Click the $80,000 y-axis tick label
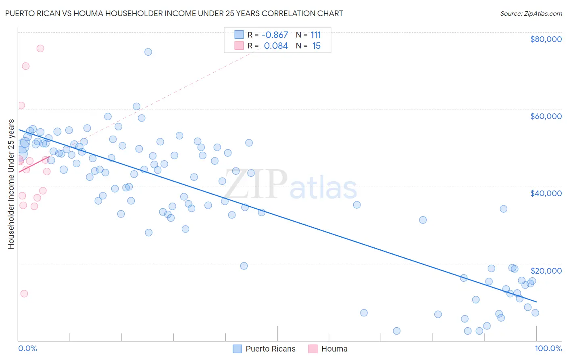tap(546, 39)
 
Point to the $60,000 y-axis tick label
tap(546, 116)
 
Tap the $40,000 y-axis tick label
tap(546, 193)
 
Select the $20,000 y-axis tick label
tap(546, 270)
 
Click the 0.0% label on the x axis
tap(27, 349)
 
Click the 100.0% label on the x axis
tap(548, 349)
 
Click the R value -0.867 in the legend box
tap(274, 35)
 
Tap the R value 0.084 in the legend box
tap(276, 46)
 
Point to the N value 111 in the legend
tap(316, 35)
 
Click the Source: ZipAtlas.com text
tap(531, 13)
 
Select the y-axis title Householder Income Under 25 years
tap(11, 184)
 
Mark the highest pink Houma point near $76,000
tap(40, 48)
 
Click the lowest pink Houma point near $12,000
tap(24, 294)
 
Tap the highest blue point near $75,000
tap(148, 52)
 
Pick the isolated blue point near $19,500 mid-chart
tap(244, 266)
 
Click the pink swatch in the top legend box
tap(239, 46)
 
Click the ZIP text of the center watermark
tap(255, 184)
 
